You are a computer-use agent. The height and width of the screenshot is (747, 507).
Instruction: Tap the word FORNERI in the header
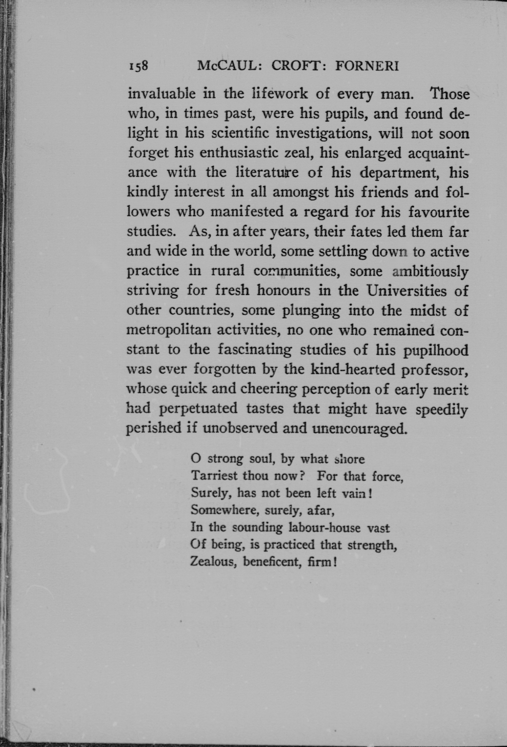point(367,66)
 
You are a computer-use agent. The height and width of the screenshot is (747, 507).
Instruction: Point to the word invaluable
point(161,94)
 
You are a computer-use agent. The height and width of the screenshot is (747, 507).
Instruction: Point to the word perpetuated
point(199,409)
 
